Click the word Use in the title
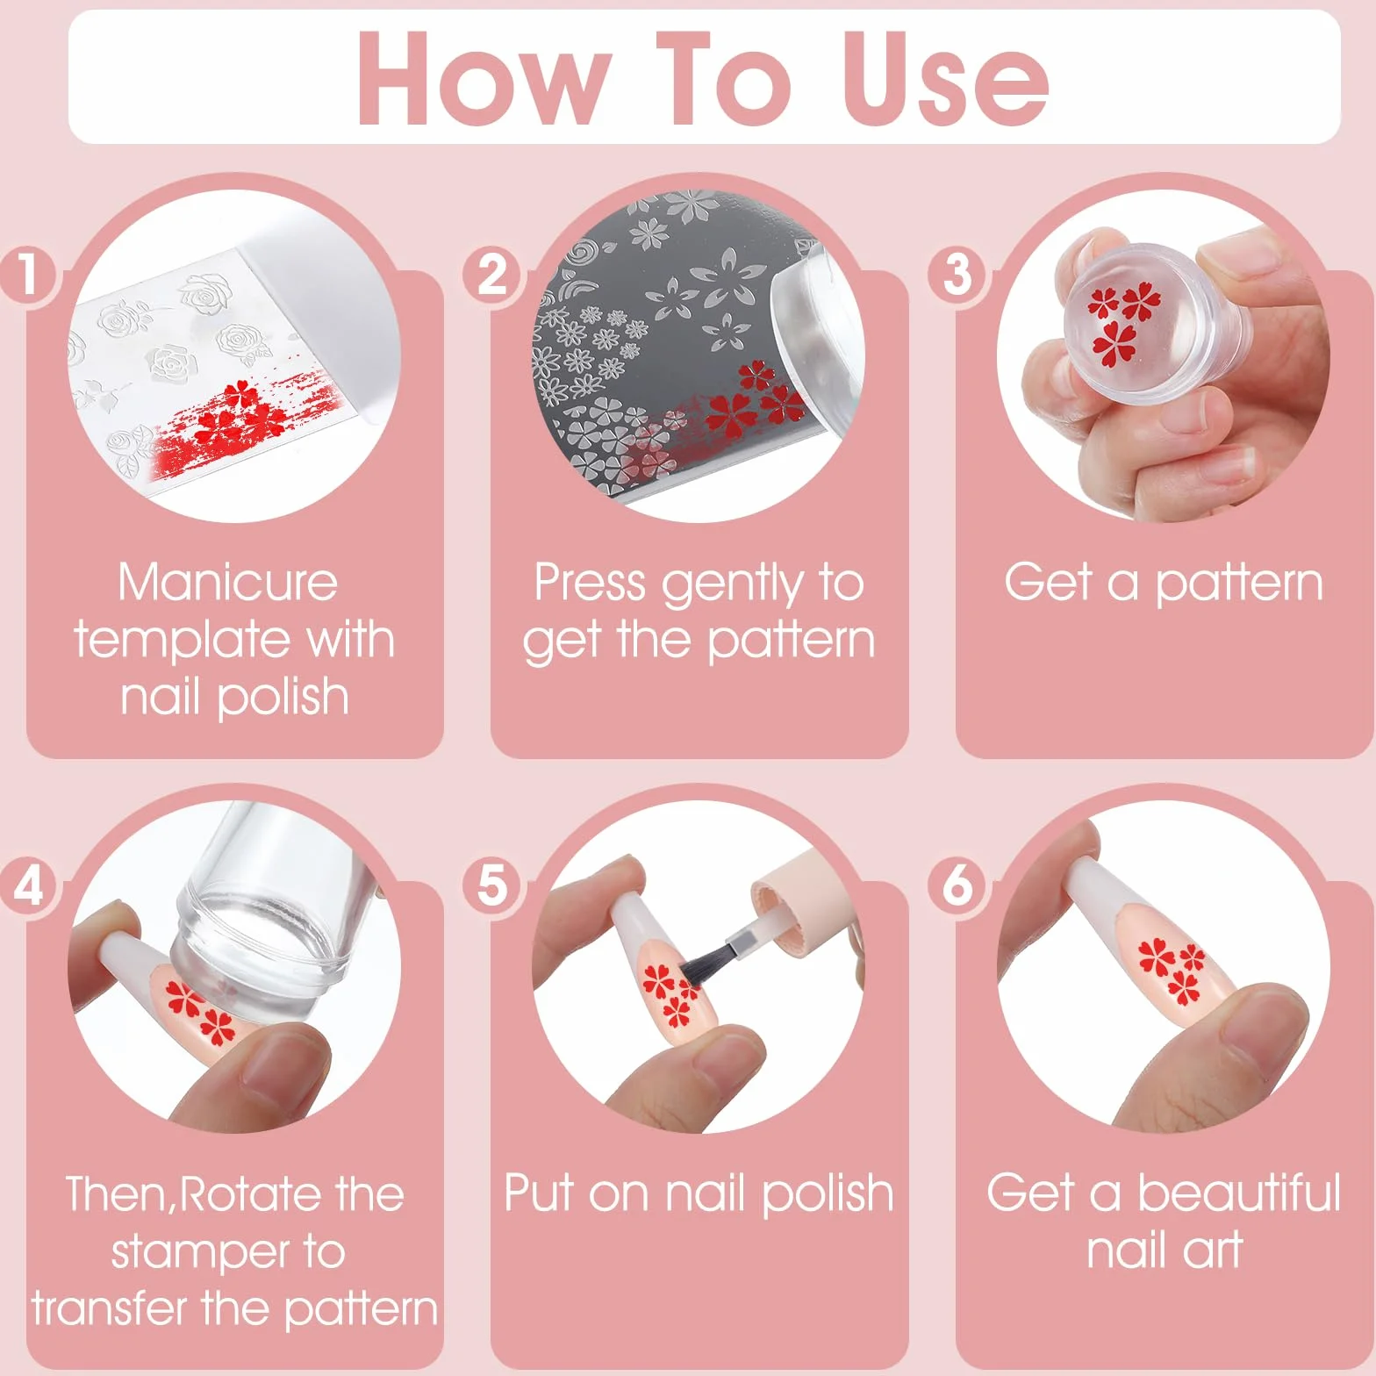(945, 78)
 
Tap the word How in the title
(484, 78)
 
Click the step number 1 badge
(28, 275)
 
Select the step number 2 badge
(492, 275)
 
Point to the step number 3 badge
(957, 275)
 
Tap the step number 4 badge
(28, 885)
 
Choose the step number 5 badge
(492, 885)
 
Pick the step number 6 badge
(957, 885)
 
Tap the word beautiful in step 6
(1239, 1193)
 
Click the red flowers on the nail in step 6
(1172, 971)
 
